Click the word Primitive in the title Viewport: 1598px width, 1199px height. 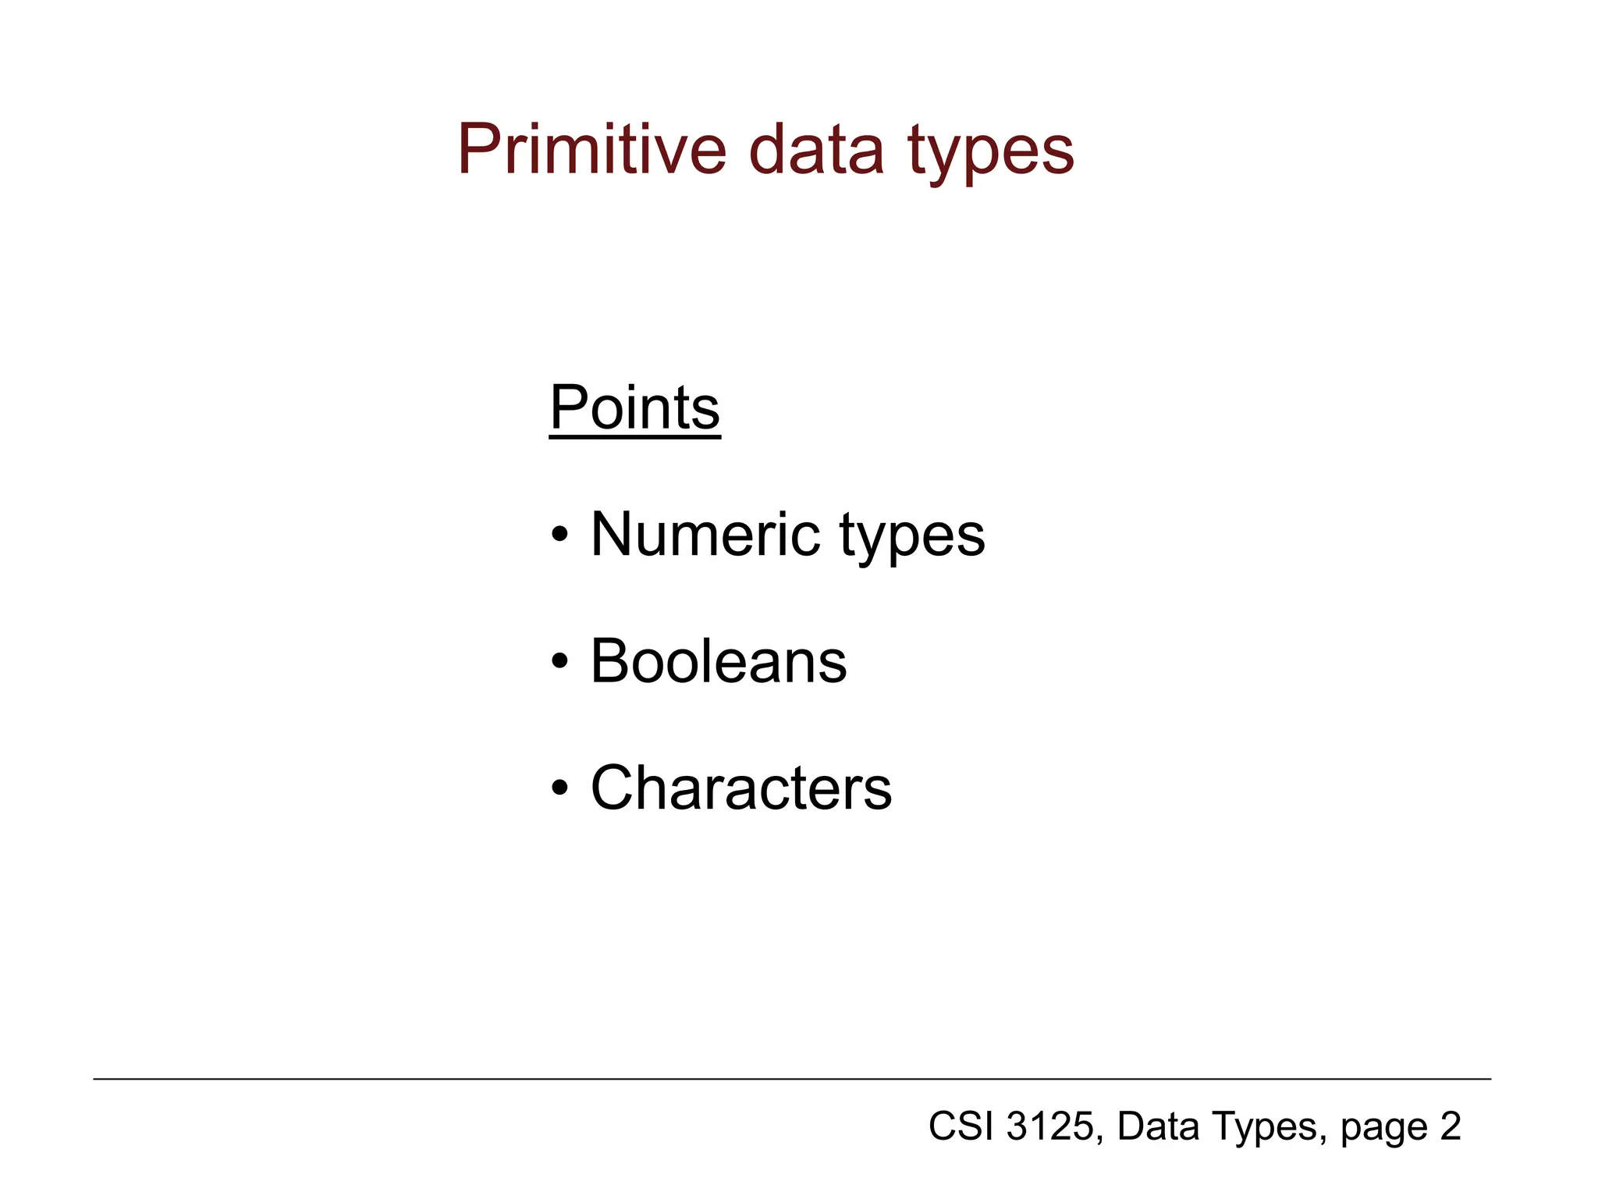(591, 149)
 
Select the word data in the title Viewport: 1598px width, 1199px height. (816, 149)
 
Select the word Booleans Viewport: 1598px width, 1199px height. (718, 661)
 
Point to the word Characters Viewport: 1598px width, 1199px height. (740, 788)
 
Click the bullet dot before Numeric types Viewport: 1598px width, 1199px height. (559, 536)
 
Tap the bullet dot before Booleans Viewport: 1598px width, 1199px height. (559, 663)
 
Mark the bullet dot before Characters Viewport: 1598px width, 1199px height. (559, 789)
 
